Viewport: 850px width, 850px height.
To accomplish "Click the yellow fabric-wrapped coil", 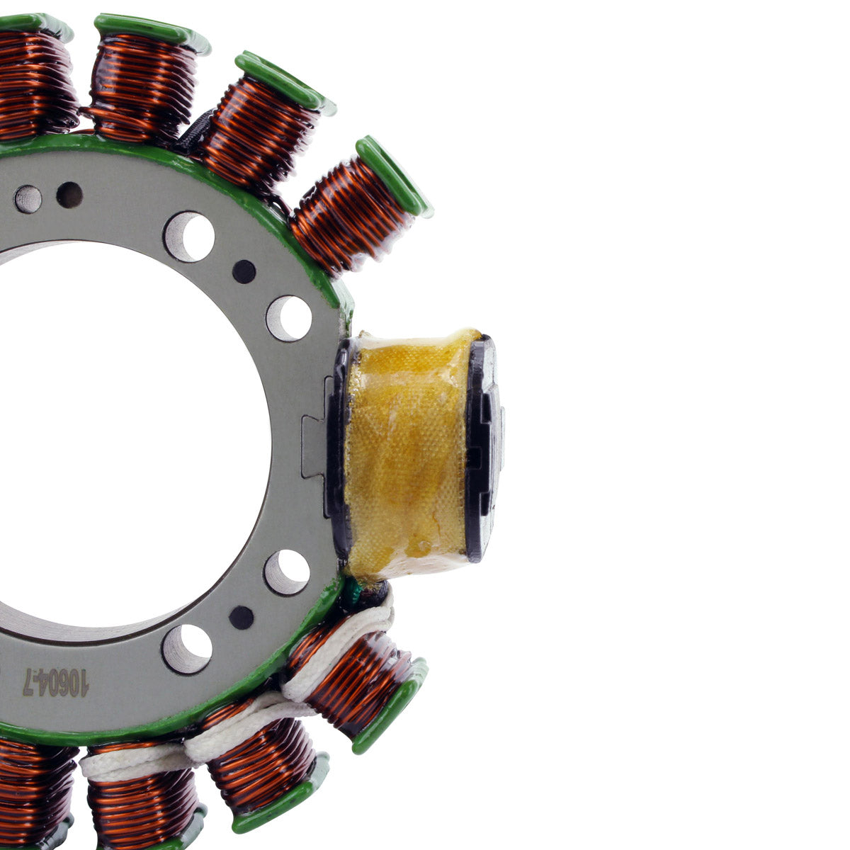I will [x=405, y=449].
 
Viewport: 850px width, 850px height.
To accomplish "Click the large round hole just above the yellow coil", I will [x=288, y=318].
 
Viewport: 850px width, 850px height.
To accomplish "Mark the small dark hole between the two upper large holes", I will [x=244, y=271].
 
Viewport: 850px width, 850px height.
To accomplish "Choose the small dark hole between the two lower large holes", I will [x=242, y=618].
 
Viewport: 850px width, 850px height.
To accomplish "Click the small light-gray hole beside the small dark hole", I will [x=28, y=199].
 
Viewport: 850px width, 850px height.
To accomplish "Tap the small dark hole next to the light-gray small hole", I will [x=69, y=195].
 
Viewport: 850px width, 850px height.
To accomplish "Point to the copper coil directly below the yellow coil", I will [x=354, y=680].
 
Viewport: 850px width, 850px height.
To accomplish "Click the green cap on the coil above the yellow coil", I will [x=393, y=176].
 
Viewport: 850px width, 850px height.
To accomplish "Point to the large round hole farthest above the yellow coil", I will [x=189, y=236].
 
